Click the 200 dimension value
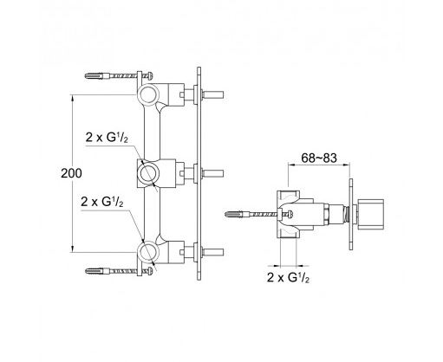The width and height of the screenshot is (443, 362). coord(71,173)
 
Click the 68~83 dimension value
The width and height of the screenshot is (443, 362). coord(319,158)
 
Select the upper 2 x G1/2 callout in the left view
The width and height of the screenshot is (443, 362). coord(107,138)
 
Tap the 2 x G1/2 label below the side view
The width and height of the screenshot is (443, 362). coord(288,278)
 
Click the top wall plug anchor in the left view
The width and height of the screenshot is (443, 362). coord(97,76)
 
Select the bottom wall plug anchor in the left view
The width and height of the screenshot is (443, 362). coord(98,271)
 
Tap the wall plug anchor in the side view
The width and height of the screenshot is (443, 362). coord(237,214)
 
